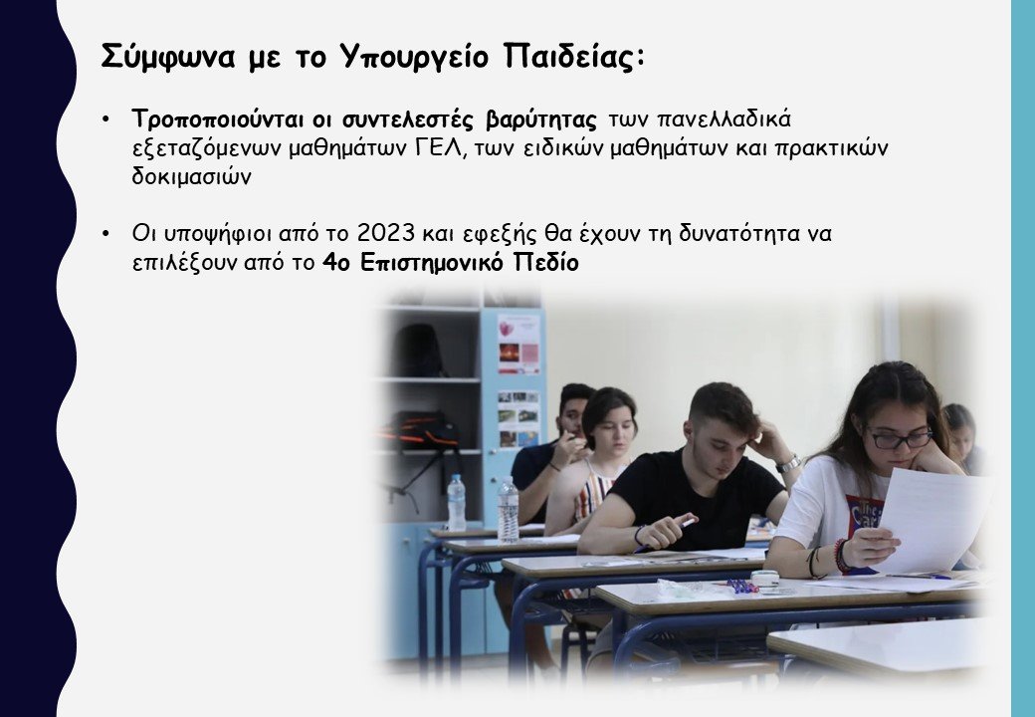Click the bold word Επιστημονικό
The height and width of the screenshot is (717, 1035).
434,266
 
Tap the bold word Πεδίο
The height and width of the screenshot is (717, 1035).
545,266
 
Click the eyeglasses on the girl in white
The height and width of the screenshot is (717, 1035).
899,437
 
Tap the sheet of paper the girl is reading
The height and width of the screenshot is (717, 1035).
930,517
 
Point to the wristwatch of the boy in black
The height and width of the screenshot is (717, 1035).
789,464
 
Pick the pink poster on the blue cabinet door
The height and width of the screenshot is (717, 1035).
518,343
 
